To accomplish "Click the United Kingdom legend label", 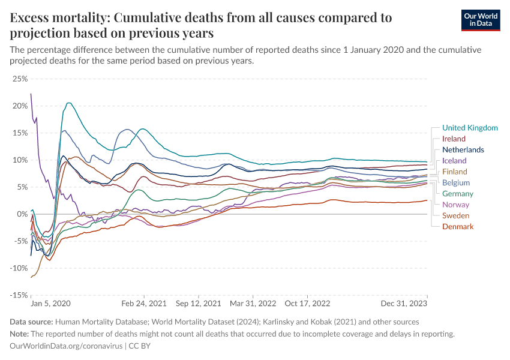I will click(470, 128).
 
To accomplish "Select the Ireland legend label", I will click(454, 139).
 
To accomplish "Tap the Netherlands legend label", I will click(463, 149).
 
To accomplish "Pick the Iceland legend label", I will click(454, 161).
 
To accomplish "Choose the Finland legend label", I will click(454, 172).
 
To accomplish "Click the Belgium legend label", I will click(456, 182).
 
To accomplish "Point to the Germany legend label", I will click(458, 194).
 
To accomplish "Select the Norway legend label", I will click(455, 205).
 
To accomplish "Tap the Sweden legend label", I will click(455, 215).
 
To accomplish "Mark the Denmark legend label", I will click(458, 226).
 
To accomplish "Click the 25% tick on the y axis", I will click(20, 79).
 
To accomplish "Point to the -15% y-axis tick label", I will click(19, 295).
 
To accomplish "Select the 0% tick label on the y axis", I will click(22, 214).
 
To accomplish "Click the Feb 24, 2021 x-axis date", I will click(144, 305).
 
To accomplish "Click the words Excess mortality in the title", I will click(56, 18).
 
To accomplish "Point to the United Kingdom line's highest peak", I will click(68, 103).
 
